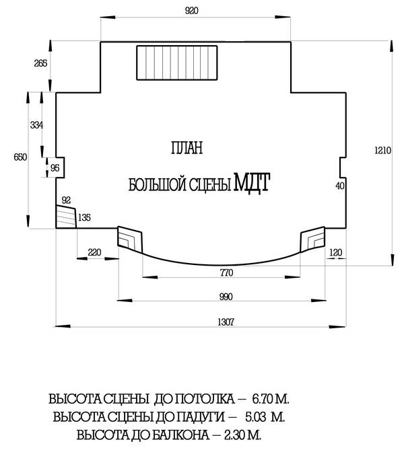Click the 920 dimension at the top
[x=192, y=11]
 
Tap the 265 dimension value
[x=40, y=63]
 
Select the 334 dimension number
[x=36, y=125]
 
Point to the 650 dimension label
[x=20, y=157]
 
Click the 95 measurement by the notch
[x=55, y=167]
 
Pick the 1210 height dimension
[x=382, y=150]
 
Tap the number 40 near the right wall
[x=340, y=186]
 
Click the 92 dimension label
[x=66, y=200]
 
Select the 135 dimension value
[x=84, y=217]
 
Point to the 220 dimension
[x=94, y=252]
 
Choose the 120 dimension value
[x=335, y=253]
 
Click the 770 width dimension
[x=226, y=272]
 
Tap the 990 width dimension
[x=226, y=297]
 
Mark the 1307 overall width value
[x=226, y=322]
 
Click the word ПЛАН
[x=187, y=147]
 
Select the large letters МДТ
[x=252, y=182]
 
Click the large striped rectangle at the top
[x=177, y=63]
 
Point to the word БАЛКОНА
[x=180, y=435]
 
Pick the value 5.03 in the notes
[x=256, y=417]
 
